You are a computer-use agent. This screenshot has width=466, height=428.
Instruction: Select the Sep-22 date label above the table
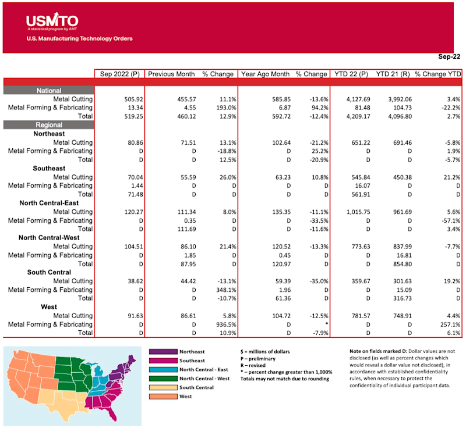(449, 57)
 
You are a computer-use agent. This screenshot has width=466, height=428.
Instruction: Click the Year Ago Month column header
(265, 74)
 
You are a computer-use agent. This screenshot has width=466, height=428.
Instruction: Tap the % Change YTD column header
(436, 74)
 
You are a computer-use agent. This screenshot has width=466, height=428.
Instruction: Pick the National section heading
(48, 91)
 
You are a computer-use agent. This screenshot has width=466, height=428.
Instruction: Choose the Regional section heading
(48, 124)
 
